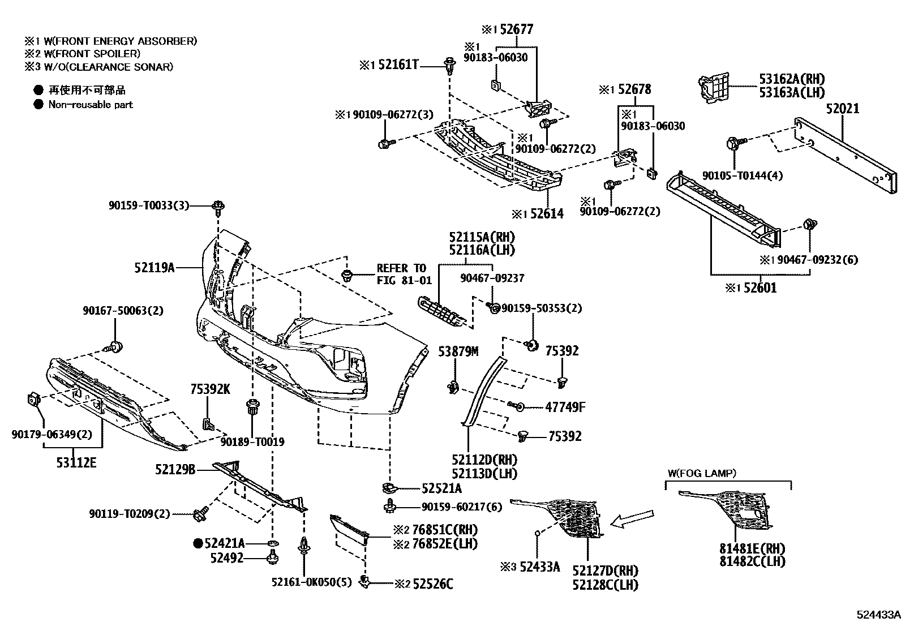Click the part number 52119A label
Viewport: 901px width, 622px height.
click(x=154, y=268)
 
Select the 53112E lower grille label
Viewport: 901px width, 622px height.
click(x=76, y=462)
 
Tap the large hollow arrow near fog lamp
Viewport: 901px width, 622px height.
click(x=634, y=518)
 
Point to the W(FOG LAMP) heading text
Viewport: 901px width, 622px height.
click(x=702, y=473)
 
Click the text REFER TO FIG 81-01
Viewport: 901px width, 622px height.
click(x=404, y=274)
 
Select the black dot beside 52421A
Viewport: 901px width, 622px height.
click(x=198, y=543)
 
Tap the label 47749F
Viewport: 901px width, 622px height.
click(x=565, y=406)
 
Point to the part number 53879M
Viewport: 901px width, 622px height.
click(x=458, y=351)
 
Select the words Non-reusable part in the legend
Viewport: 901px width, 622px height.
click(x=91, y=104)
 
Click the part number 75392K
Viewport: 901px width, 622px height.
click(x=210, y=389)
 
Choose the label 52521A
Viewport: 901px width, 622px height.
click(x=441, y=488)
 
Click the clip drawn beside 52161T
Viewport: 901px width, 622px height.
click(x=450, y=66)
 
